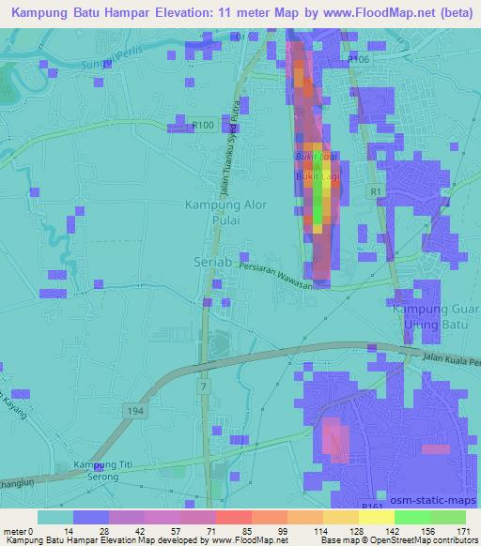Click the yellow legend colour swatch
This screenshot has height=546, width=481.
point(341,517)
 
